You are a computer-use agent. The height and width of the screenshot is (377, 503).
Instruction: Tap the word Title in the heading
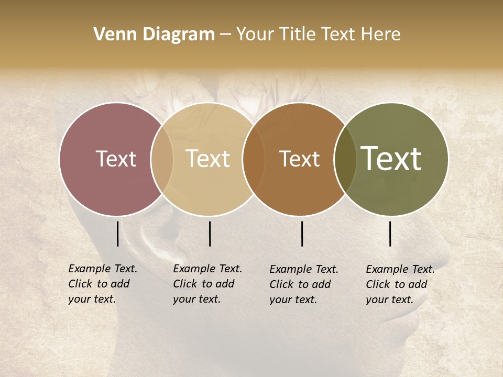tap(299, 35)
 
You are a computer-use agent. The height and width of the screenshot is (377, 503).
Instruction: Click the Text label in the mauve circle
tap(116, 159)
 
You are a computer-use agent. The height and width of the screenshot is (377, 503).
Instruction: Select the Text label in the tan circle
tap(208, 159)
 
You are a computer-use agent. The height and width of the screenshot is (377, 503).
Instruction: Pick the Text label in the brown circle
tap(299, 159)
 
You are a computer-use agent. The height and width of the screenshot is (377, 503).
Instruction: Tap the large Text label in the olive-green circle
tap(391, 159)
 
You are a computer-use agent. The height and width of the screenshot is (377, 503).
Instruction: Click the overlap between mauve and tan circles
tap(162, 159)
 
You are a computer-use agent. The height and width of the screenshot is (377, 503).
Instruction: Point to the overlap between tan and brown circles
tap(254, 159)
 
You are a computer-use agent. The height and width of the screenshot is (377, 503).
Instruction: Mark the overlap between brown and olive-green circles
tap(345, 159)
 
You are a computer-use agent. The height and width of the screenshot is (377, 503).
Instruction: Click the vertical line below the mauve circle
tap(118, 234)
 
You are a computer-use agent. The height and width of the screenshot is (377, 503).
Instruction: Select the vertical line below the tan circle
tap(210, 234)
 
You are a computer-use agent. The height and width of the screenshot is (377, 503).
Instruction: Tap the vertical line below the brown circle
tap(302, 234)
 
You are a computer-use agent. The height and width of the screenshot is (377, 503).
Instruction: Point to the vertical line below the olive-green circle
tap(390, 234)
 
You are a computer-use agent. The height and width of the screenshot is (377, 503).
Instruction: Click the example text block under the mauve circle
tap(103, 284)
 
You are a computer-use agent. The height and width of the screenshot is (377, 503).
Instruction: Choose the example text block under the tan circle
tap(207, 284)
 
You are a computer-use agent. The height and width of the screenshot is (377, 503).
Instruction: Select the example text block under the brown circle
tap(304, 284)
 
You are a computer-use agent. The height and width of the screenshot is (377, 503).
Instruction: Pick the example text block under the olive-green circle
tap(400, 284)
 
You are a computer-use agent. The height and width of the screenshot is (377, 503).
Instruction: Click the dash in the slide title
tap(225, 35)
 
